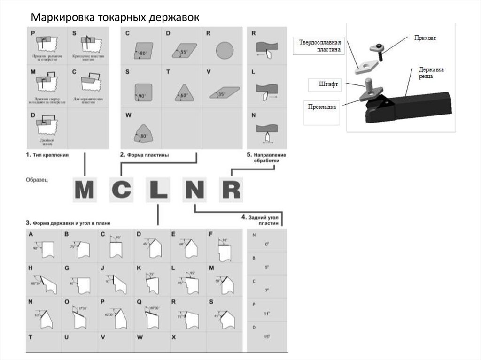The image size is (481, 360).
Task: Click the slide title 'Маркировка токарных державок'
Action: tap(116, 17)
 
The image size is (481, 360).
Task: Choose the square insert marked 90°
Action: tap(141, 92)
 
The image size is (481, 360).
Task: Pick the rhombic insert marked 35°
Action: tap(224, 92)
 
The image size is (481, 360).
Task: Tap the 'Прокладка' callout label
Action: tap(322, 106)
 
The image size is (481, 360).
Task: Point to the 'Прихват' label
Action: tap(424, 37)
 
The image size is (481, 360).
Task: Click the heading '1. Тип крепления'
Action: tap(48, 154)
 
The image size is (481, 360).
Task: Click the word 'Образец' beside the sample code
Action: tap(38, 179)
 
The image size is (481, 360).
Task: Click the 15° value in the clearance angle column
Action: tap(267, 337)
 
